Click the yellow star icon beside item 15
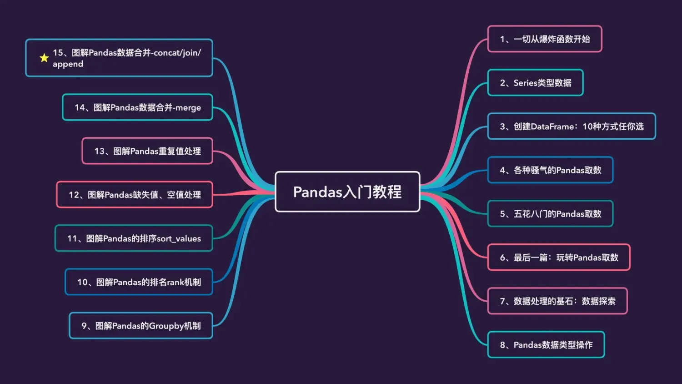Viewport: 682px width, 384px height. [44, 58]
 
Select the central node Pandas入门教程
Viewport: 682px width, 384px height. [347, 192]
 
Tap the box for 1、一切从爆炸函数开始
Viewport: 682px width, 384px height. [545, 39]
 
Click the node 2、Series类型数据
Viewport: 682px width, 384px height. [535, 83]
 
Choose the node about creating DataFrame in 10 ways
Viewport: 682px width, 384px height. [572, 126]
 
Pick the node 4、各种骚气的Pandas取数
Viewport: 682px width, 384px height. [550, 170]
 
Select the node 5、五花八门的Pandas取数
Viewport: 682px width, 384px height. [550, 214]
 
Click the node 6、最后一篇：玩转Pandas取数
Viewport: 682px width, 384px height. [559, 258]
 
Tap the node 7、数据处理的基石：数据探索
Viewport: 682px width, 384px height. [557, 301]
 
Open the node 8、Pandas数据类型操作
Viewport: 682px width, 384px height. [546, 345]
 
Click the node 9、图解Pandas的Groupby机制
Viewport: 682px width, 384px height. [141, 326]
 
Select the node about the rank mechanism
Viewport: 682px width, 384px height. [139, 282]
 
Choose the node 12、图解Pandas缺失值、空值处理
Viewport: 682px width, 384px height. [135, 195]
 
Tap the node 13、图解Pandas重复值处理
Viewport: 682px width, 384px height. [147, 151]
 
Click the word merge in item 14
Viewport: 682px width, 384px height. [188, 108]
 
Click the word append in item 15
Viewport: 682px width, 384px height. [68, 64]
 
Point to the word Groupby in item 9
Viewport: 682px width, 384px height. [163, 326]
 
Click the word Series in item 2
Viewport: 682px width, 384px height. [525, 83]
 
